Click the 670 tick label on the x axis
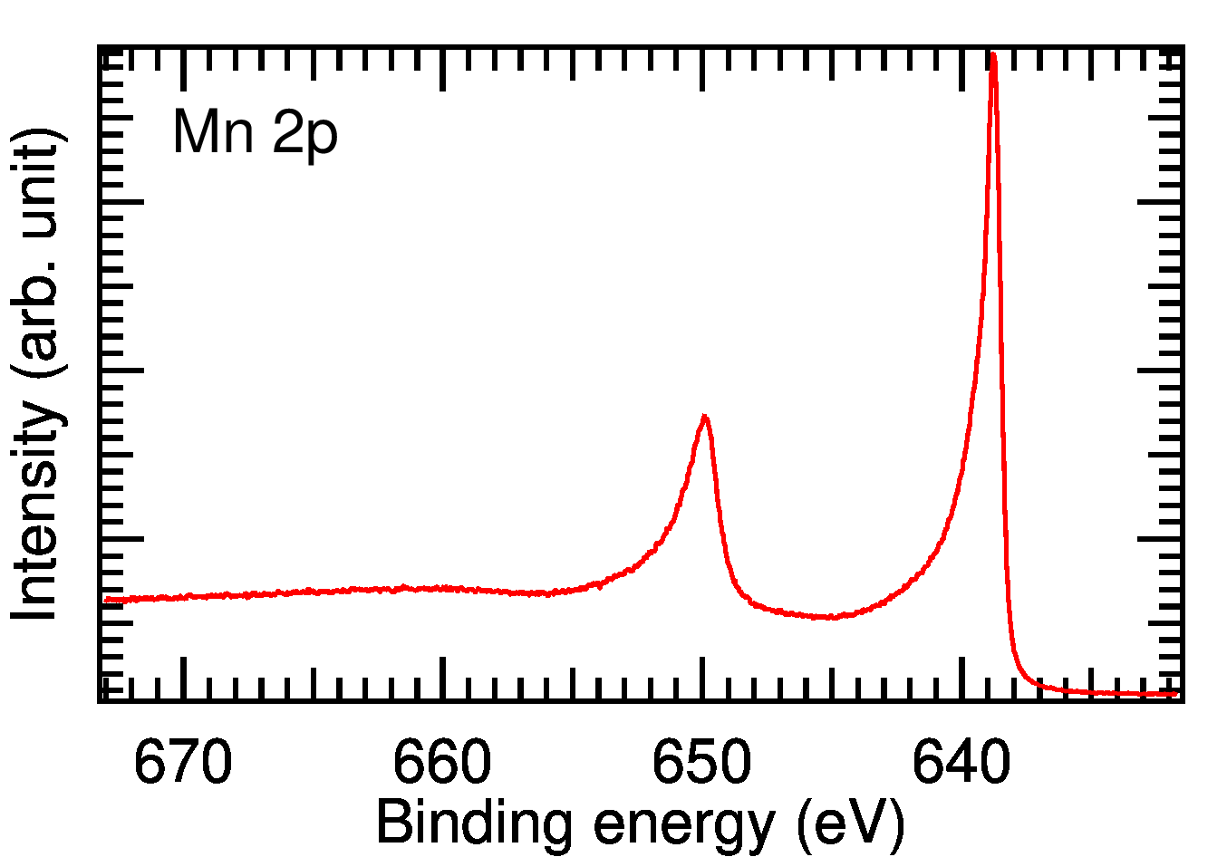coord(183,763)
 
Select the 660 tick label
coord(442,763)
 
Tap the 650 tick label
coord(701,763)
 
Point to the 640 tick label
coord(961,763)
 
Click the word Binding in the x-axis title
coord(473,824)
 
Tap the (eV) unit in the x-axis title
coord(850,824)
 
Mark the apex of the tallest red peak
coord(993,54)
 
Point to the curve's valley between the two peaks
coord(830,618)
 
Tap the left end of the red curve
coord(107,599)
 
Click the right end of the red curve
coord(1176,693)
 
